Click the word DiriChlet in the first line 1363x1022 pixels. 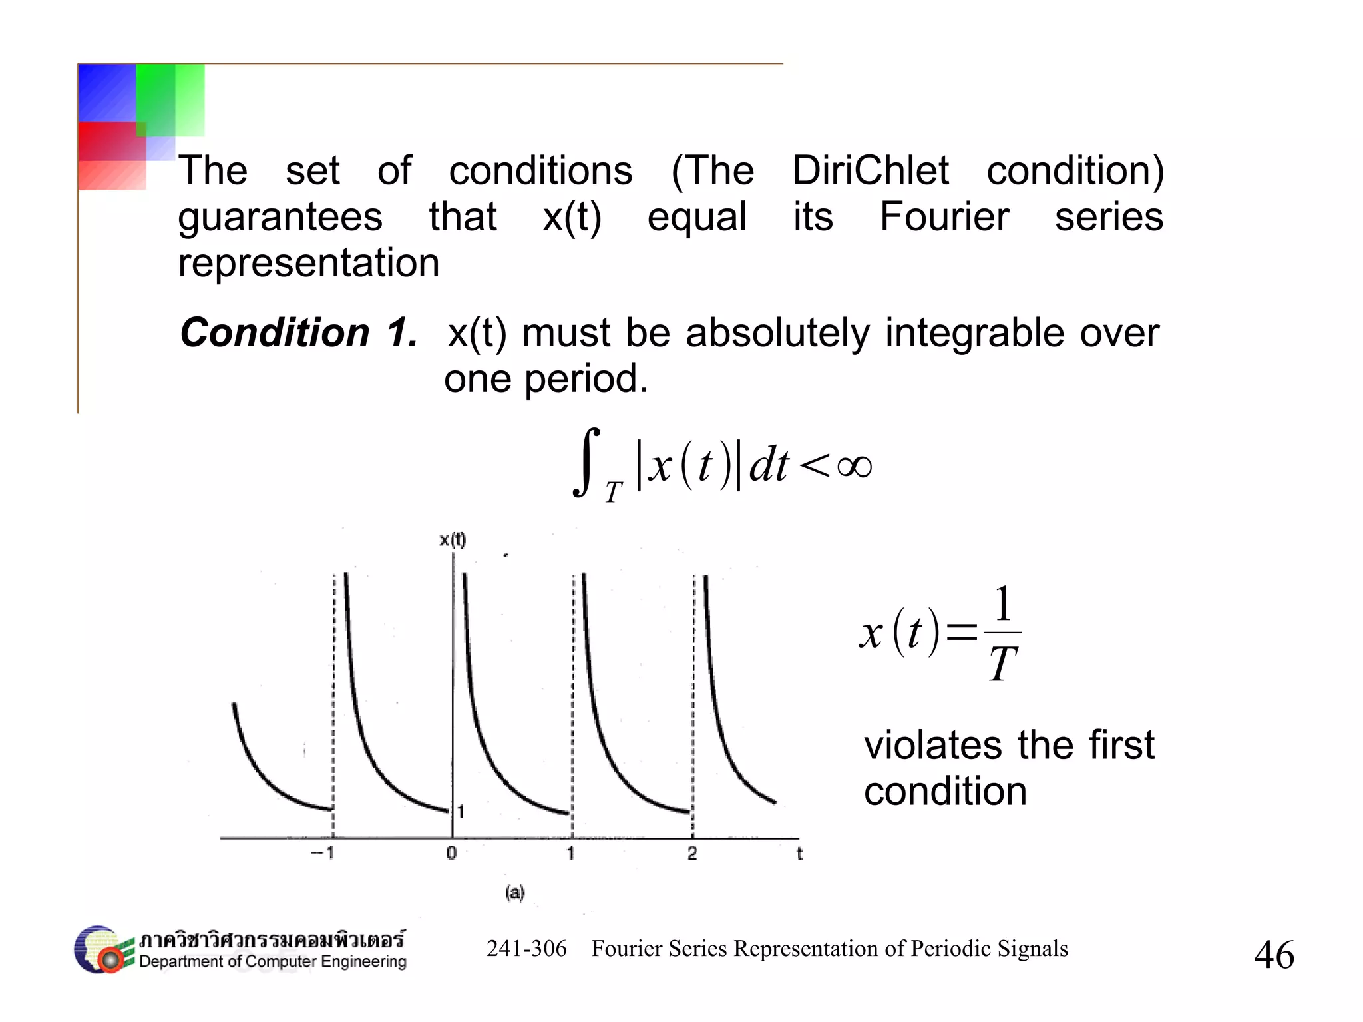coord(870,170)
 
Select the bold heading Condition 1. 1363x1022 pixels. coord(299,332)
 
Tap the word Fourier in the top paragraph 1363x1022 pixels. coord(944,217)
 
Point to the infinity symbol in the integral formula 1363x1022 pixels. coord(855,466)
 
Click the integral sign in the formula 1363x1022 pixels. coord(586,462)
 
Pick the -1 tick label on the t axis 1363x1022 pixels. coord(323,853)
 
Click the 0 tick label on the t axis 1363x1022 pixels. coord(452,853)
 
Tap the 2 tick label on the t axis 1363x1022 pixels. coord(692,853)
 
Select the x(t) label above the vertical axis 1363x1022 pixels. coord(453,540)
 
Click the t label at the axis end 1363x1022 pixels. coord(799,854)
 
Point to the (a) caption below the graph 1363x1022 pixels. coord(514,892)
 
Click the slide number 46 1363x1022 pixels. coord(1274,955)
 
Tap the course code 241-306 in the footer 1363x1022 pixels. coord(526,949)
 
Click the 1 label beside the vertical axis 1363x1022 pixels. coord(461,812)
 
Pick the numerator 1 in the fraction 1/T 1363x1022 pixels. coord(1003,604)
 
